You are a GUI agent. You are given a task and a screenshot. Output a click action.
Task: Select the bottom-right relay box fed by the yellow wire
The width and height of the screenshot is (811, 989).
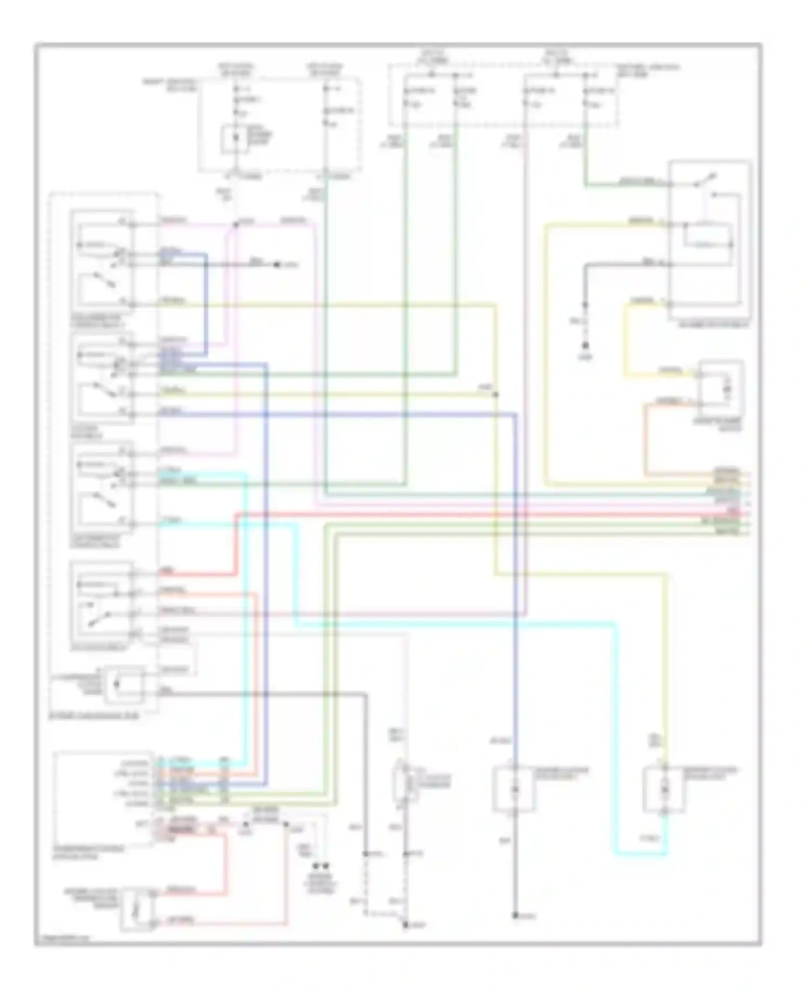pyautogui.click(x=664, y=790)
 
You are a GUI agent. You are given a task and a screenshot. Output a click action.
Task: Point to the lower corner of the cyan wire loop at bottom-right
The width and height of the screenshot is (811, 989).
pyautogui.click(x=616, y=855)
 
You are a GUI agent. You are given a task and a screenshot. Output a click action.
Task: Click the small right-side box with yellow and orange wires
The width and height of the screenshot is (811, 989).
pyautogui.click(x=721, y=387)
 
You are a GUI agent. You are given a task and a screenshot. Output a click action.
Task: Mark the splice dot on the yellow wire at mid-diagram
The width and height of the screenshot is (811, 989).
pyautogui.click(x=495, y=394)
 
